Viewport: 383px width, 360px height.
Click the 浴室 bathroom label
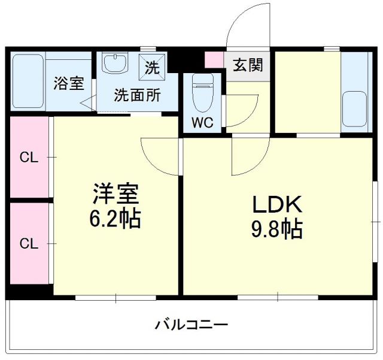(69, 84)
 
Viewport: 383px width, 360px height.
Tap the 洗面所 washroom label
(137, 95)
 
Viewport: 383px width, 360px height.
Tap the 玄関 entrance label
(247, 65)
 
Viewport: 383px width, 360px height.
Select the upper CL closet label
(29, 158)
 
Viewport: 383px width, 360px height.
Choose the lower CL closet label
(29, 244)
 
